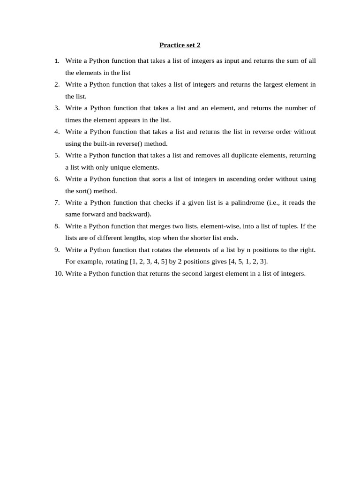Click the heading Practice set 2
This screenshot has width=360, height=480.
coord(180,45)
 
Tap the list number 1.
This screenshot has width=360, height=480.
coord(56,61)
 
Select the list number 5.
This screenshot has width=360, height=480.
coord(57,155)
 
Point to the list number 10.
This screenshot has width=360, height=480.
coord(58,273)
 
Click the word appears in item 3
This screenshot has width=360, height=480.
coord(115,120)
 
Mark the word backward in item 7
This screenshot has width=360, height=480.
coord(134,214)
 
